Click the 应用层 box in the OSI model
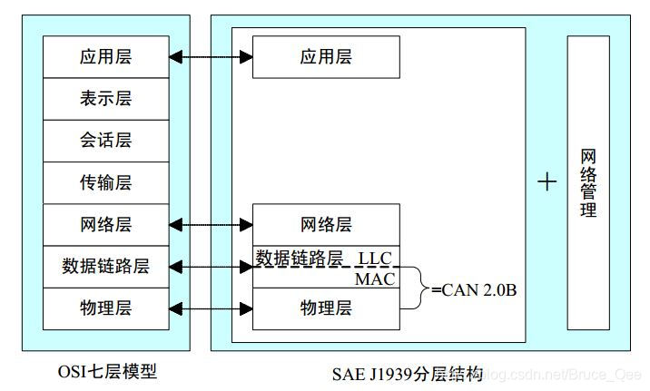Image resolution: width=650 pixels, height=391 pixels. click(106, 57)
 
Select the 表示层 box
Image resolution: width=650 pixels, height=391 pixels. click(106, 99)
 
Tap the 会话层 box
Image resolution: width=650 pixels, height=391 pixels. click(106, 141)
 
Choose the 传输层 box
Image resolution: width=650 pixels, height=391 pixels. click(106, 182)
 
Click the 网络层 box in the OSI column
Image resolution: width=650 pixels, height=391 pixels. click(106, 224)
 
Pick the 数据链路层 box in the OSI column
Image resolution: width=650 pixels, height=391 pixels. click(106, 266)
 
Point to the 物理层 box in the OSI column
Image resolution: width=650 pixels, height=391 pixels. click(106, 308)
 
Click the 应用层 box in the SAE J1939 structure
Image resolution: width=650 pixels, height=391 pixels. click(325, 57)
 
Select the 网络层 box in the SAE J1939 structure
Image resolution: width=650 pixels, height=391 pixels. click(325, 225)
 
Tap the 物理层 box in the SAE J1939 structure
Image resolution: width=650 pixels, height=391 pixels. click(325, 308)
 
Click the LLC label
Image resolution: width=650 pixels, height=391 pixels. click(374, 259)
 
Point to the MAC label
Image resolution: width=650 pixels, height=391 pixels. click(375, 279)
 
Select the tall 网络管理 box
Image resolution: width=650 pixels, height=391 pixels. click(588, 183)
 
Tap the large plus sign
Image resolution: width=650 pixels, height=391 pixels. click(547, 182)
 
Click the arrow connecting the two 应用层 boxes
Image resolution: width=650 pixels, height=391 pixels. click(211, 57)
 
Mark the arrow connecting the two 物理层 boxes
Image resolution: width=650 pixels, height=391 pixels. click(211, 308)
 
